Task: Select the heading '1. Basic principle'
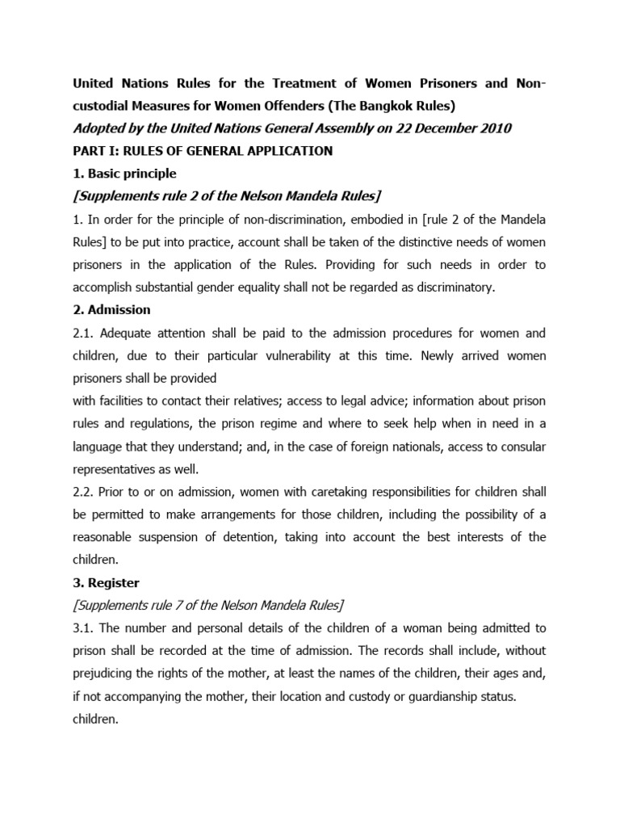click(x=124, y=174)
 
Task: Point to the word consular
click(x=517, y=445)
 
